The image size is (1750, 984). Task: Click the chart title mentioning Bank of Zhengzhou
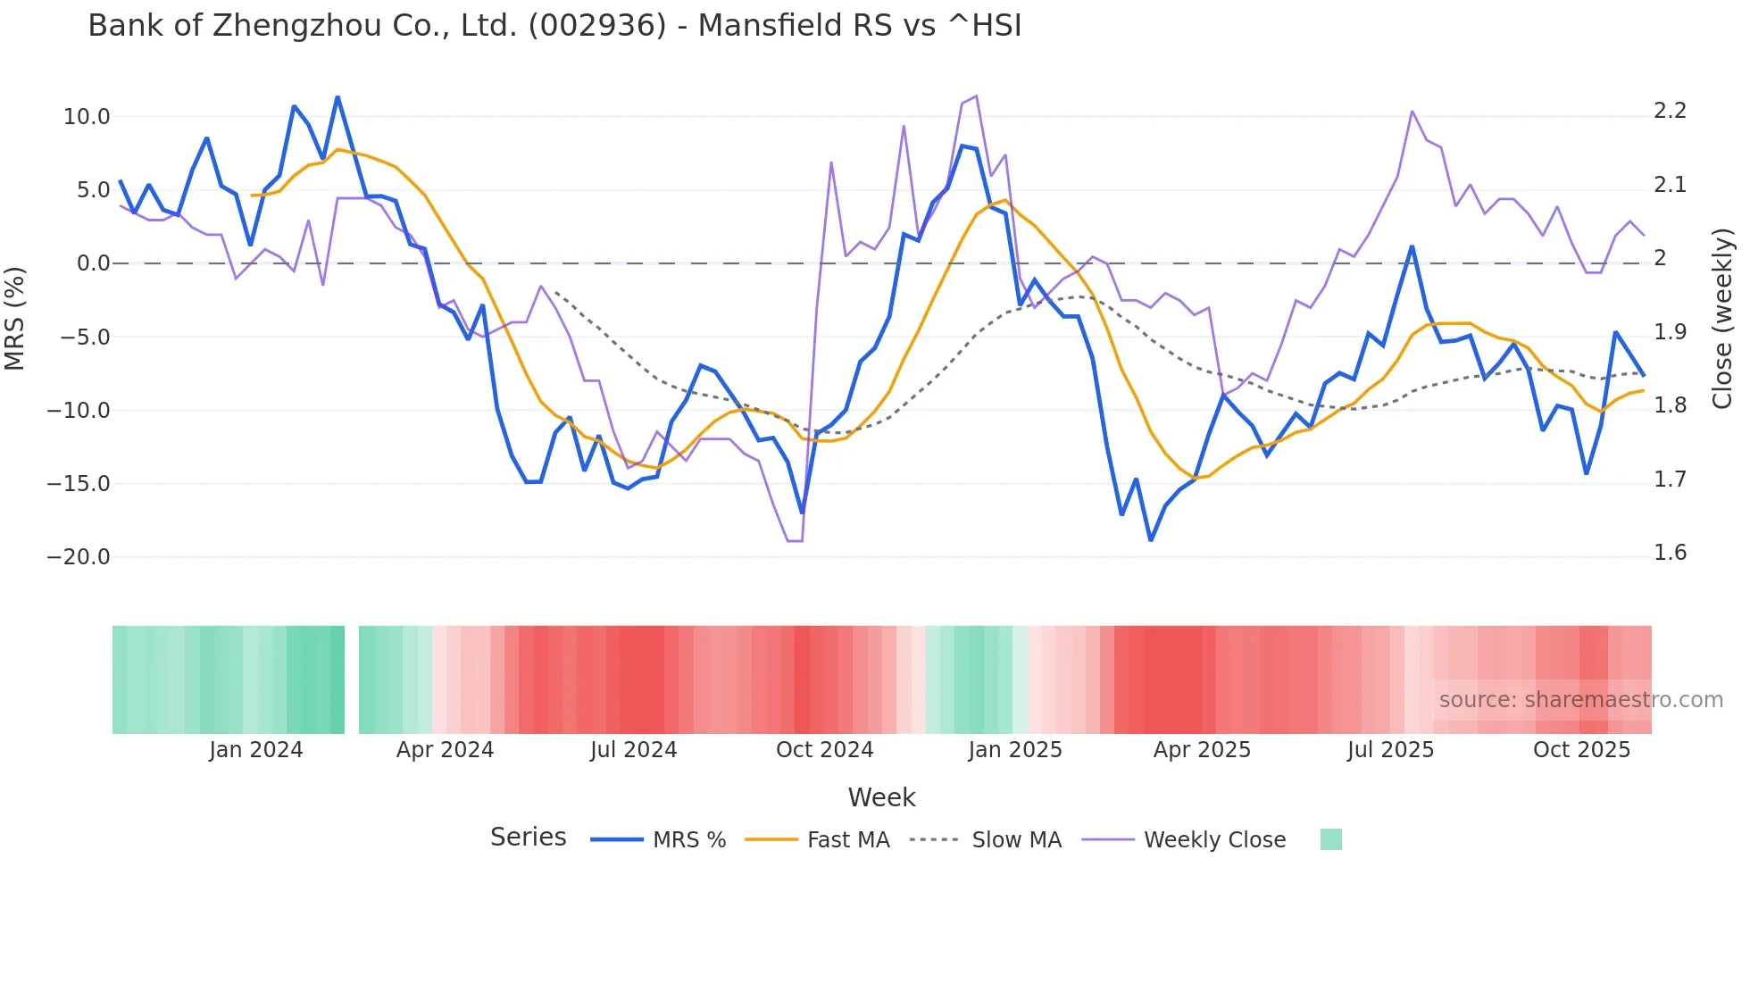coord(554,26)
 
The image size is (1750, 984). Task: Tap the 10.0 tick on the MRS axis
coord(87,117)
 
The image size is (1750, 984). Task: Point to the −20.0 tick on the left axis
coord(79,557)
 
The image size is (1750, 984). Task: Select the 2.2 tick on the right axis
coord(1670,111)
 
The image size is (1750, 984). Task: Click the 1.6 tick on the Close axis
coord(1670,553)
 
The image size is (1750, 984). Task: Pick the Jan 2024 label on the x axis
coord(255,750)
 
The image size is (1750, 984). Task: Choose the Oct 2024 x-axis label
coord(824,750)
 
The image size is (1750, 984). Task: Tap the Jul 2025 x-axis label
coord(1390,750)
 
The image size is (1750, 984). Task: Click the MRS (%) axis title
coord(15,319)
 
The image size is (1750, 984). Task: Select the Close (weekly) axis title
coord(1722,319)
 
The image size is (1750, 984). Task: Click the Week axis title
coord(881,797)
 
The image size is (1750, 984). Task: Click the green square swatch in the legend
coord(1330,839)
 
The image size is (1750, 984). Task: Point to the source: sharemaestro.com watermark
coord(1580,700)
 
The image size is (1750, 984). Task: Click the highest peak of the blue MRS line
coord(337,96)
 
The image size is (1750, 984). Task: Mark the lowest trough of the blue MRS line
coord(1151,540)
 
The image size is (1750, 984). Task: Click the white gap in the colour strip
coord(352,680)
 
